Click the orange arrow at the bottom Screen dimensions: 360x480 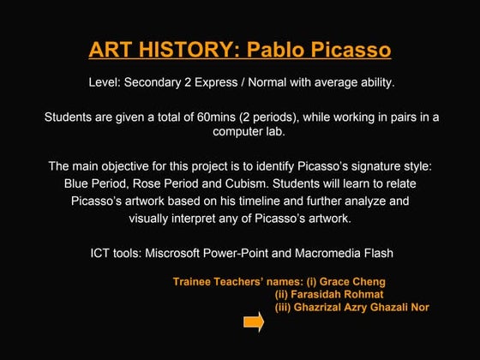253,323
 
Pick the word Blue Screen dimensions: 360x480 79,183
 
